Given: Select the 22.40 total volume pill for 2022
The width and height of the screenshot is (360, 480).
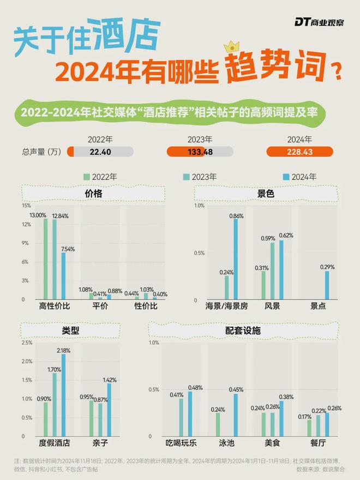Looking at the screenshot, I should [x=100, y=152].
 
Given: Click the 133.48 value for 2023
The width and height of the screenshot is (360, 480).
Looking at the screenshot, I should [x=200, y=152].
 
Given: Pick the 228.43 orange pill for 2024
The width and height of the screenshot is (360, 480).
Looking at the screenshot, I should [x=299, y=152].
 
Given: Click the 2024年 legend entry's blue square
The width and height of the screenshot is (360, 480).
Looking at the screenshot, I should [x=286, y=177].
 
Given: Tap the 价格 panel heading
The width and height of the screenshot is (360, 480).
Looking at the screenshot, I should [x=93, y=194].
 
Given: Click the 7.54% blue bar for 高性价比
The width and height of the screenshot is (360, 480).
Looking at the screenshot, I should [x=63, y=276].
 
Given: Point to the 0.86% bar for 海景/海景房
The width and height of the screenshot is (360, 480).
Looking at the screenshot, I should [x=236, y=260].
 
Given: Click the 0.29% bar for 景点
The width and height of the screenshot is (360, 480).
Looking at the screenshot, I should [x=327, y=285].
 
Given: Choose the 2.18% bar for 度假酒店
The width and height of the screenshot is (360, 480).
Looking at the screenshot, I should [x=63, y=392].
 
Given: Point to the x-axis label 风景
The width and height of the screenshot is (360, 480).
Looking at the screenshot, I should [x=273, y=306].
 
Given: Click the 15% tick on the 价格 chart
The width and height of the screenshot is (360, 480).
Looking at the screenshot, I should [x=26, y=206].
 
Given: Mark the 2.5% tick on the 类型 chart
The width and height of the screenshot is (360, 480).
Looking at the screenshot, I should [x=26, y=343].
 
